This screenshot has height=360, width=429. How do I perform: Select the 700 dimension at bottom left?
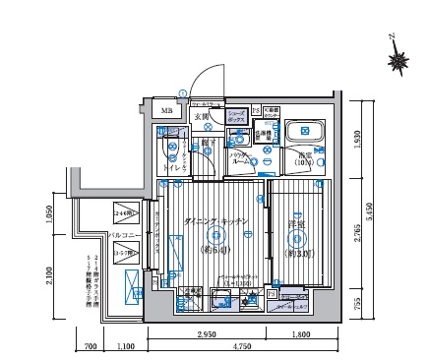coord(88,347)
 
